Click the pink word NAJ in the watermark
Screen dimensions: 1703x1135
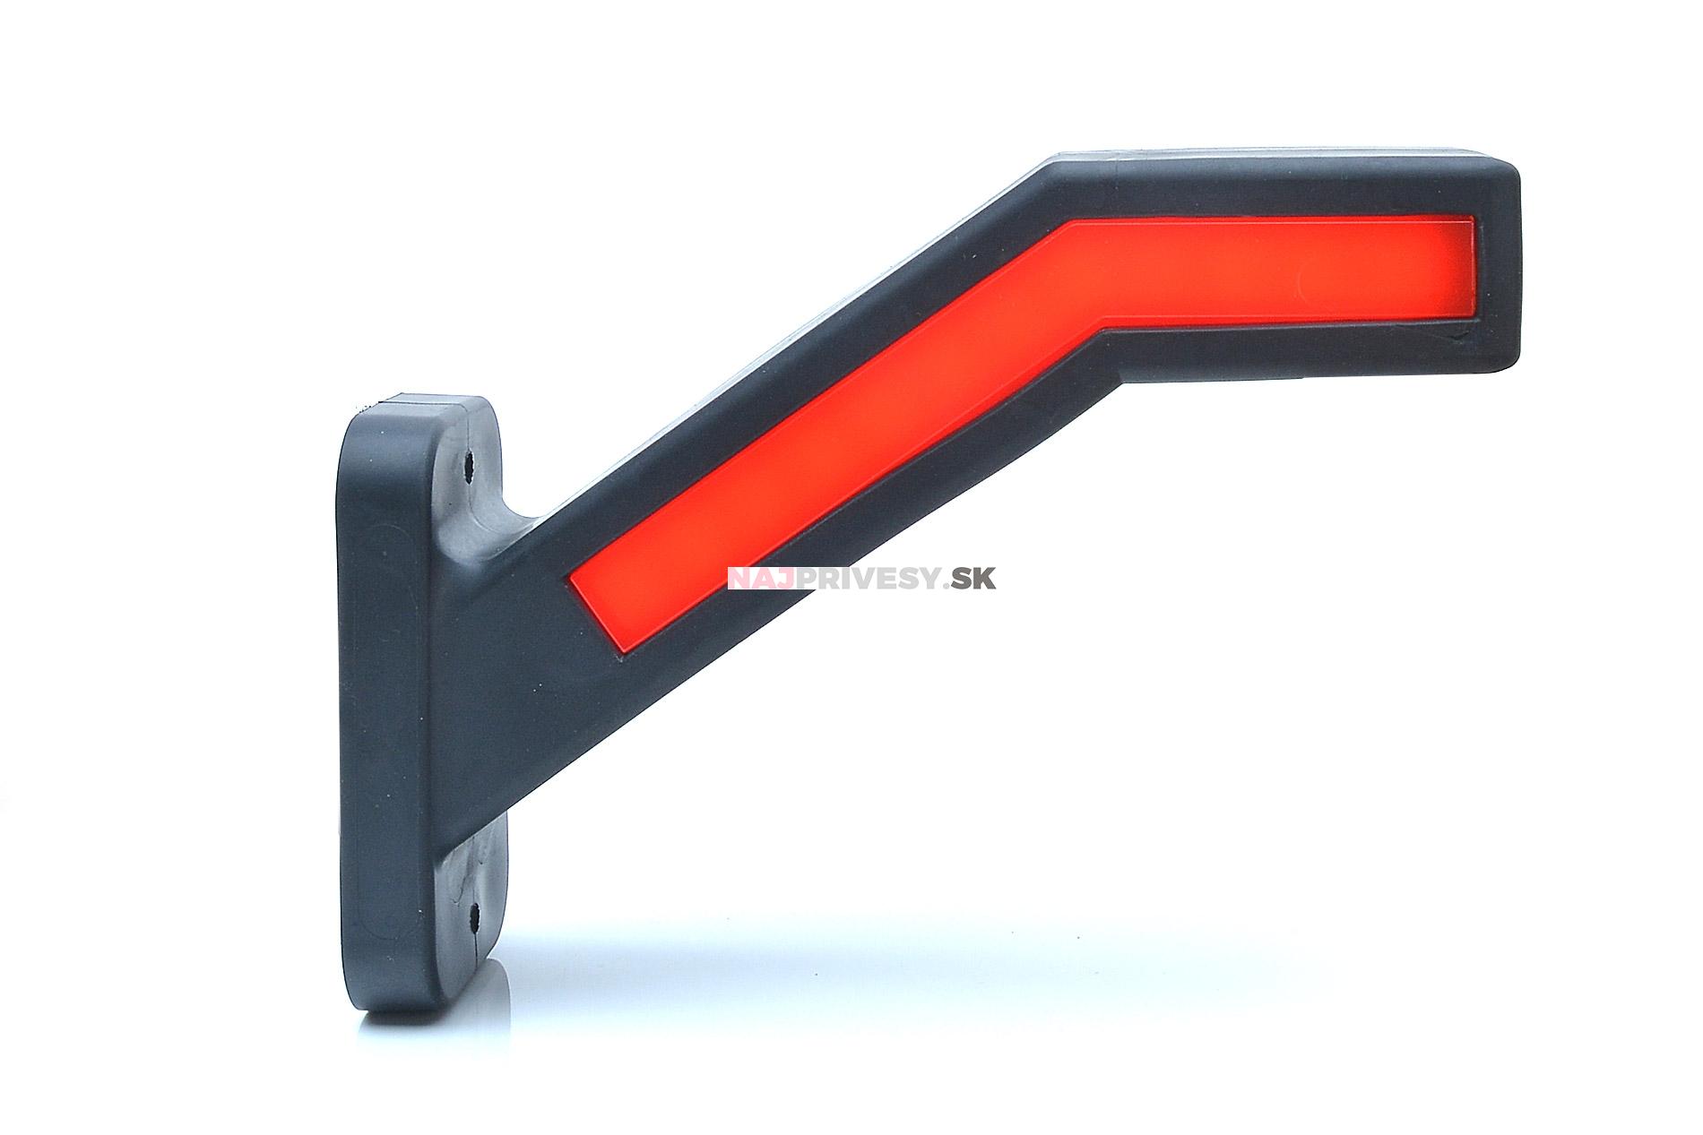pos(757,579)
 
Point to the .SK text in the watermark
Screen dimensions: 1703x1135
pos(969,579)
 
